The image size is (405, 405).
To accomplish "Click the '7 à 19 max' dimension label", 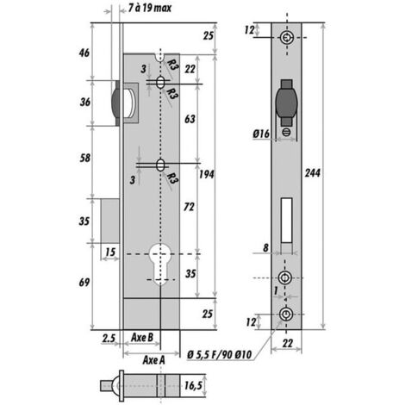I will click(x=148, y=10).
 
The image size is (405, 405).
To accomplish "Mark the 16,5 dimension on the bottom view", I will click(x=192, y=386).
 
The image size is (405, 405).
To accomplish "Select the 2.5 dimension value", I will click(x=107, y=337).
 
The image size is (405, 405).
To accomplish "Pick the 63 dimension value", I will click(x=189, y=117).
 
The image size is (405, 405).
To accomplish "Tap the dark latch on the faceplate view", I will click(x=285, y=104).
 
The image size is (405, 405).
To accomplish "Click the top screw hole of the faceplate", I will click(x=286, y=37).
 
